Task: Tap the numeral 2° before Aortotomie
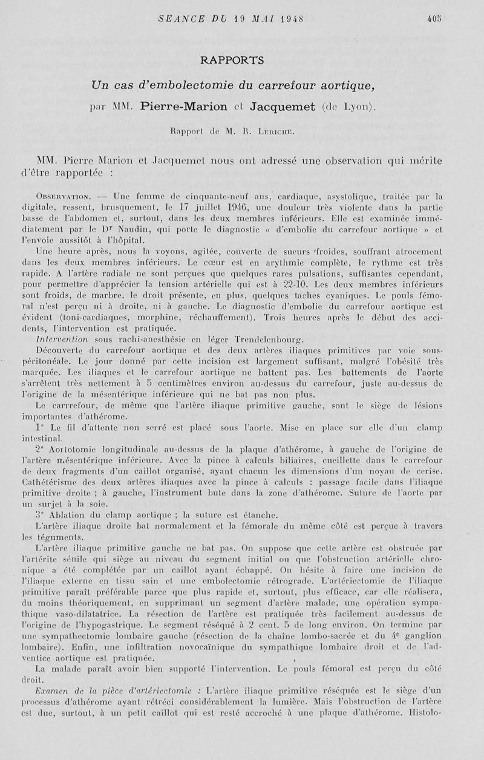click(x=41, y=450)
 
